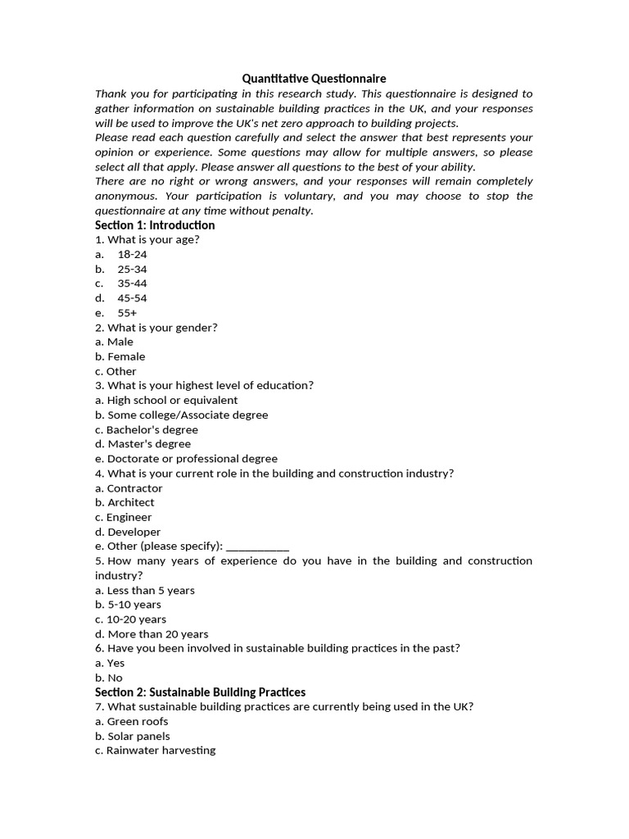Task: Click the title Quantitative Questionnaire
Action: (x=314, y=79)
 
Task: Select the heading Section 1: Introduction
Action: (x=155, y=225)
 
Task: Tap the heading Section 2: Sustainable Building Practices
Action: (x=200, y=692)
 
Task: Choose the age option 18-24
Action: (x=132, y=255)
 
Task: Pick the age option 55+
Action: (x=127, y=313)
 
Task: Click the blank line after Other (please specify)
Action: (x=257, y=546)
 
